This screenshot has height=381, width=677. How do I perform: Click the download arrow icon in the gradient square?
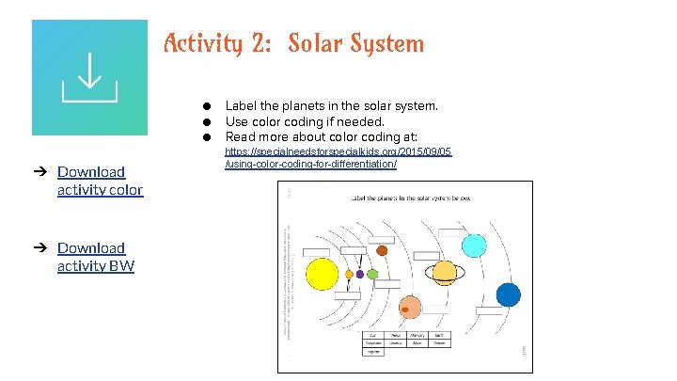pos(89,78)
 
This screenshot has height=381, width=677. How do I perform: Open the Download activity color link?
pos(100,181)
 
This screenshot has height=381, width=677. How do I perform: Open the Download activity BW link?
pos(95,257)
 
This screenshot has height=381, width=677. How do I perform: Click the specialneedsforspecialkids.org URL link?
pos(338,157)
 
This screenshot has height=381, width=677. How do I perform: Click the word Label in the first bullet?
pos(242,106)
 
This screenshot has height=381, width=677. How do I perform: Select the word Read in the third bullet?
pos(241,136)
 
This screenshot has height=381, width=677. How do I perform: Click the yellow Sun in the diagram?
pos(321,274)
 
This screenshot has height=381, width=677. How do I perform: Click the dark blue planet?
pos(509,294)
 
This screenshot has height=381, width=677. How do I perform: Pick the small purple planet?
pos(360,274)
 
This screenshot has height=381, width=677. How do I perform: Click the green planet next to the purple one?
pos(372,274)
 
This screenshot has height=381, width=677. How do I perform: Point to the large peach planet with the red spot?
pos(409,307)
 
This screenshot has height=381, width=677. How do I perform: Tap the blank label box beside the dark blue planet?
pos(489,310)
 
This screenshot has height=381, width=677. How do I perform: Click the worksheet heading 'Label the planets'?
pos(411,198)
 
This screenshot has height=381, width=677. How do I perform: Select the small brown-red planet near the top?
pos(382,250)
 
